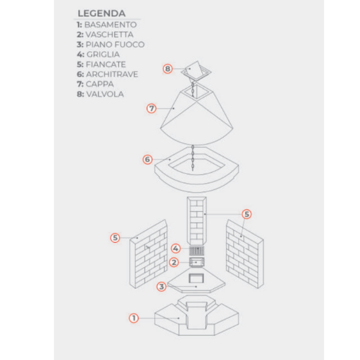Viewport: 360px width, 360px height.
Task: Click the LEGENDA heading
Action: (101, 13)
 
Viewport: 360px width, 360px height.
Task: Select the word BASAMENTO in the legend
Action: (111, 25)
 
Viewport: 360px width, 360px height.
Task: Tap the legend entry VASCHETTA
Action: (109, 34)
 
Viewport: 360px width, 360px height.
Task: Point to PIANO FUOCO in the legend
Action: (115, 44)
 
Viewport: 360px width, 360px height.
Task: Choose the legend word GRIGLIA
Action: (103, 55)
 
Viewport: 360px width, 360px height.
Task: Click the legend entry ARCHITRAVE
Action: (112, 74)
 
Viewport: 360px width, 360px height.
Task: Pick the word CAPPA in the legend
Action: (100, 84)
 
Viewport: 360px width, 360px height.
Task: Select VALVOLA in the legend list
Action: (105, 94)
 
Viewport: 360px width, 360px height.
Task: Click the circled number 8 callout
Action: (168, 68)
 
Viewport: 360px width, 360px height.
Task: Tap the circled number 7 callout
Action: (152, 109)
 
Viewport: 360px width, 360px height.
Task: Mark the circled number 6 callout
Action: (148, 159)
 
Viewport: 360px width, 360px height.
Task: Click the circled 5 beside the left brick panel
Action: (115, 238)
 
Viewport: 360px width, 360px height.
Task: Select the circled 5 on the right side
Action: (247, 214)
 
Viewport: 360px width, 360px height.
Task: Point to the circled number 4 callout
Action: (176, 248)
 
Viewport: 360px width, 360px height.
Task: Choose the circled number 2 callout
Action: (174, 262)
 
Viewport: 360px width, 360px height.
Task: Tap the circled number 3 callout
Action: (161, 286)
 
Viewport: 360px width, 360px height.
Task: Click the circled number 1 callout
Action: (134, 318)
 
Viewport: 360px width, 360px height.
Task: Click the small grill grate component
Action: (196, 250)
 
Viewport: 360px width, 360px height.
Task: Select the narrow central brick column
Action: (197, 221)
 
